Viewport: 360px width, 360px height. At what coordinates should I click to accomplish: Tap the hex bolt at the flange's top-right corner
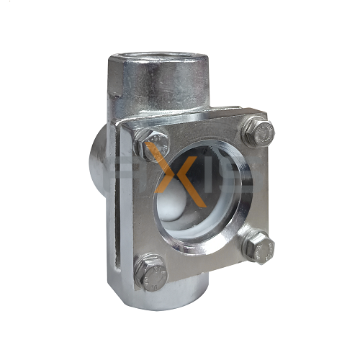tap(257, 132)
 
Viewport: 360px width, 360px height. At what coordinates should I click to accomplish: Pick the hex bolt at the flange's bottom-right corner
tap(258, 247)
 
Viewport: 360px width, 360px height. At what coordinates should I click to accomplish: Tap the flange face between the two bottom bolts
tap(205, 266)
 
